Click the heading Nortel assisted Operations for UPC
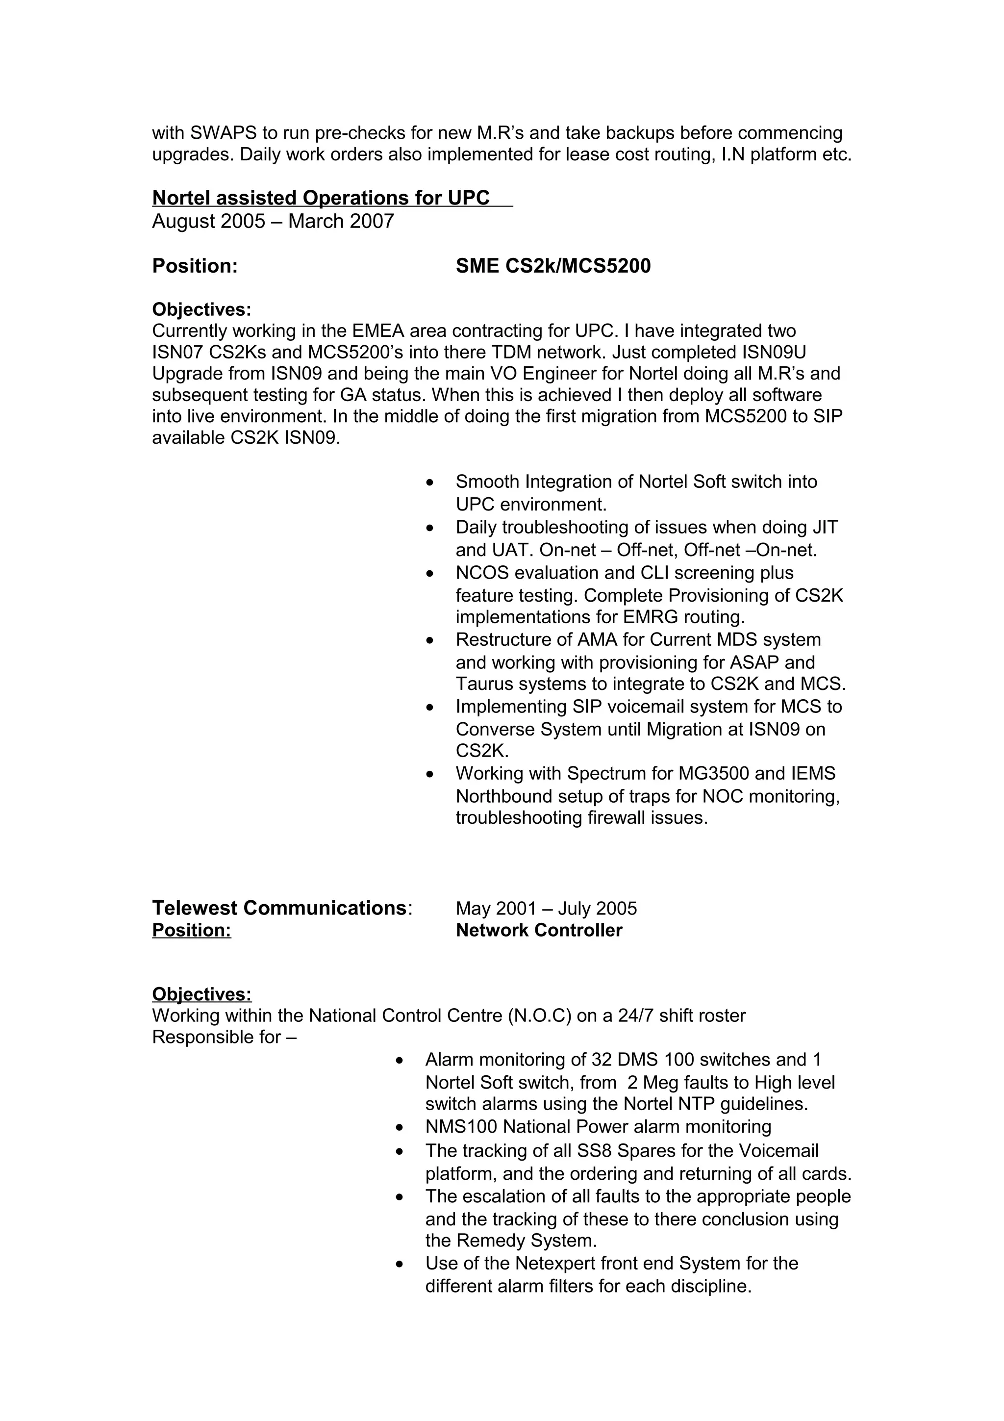pos(321,198)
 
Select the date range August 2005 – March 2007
pos(273,221)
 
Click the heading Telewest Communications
pos(279,908)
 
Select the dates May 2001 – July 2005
pos(546,909)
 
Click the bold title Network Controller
pos(539,930)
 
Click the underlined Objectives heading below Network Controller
pos(201,994)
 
